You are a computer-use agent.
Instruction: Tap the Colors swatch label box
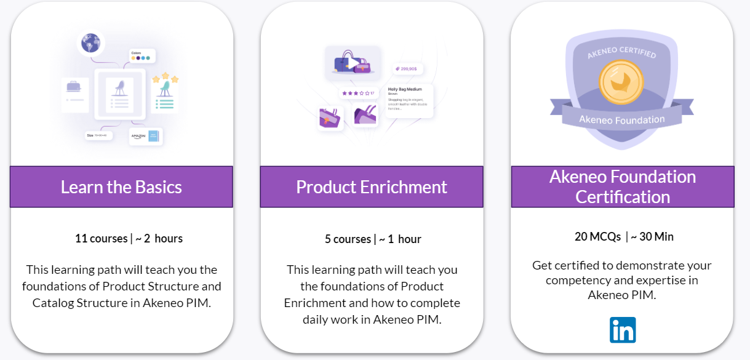142,56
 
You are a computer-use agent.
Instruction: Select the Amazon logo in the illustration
138,137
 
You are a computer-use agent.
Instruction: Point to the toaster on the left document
74,87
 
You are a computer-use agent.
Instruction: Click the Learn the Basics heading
121,186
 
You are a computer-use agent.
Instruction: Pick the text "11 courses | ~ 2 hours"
129,238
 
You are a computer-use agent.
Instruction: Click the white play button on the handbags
354,63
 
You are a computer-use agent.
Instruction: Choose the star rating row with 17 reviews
357,93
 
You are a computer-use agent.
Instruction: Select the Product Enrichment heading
371,186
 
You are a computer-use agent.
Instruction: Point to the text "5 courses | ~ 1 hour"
373,239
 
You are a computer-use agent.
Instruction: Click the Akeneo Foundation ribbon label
621,119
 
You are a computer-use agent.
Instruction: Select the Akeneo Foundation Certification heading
622,186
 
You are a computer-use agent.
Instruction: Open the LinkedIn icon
623,330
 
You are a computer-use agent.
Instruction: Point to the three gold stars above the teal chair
165,79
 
